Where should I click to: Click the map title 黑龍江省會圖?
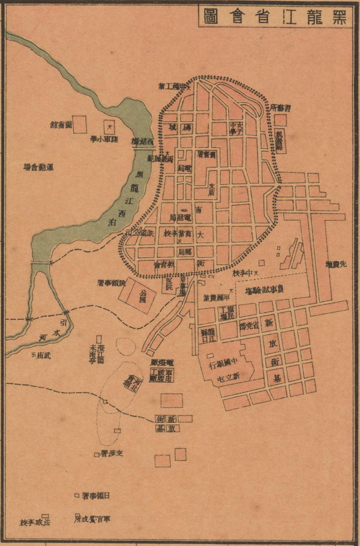pyautogui.click(x=275, y=16)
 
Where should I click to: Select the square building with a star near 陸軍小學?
pyautogui.click(x=109, y=127)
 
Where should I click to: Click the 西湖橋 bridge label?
pyautogui.click(x=143, y=142)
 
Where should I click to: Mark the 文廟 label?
pyautogui.click(x=211, y=189)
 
